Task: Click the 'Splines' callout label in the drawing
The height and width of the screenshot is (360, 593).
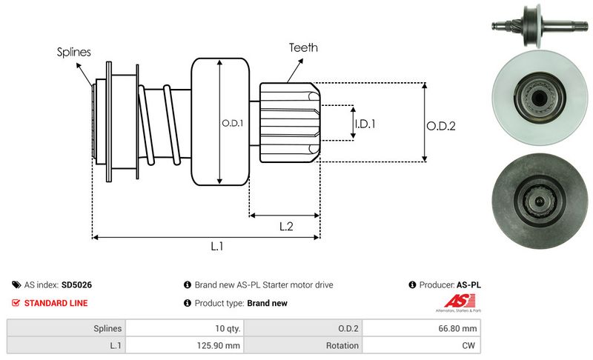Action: (74, 52)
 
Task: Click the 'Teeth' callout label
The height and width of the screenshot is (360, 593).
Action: (304, 47)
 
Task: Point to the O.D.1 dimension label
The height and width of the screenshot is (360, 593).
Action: (233, 123)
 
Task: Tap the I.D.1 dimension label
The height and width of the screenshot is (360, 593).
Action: (365, 124)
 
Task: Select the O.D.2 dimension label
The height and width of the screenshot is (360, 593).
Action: (440, 126)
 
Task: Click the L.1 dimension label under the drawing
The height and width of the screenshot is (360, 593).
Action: (217, 247)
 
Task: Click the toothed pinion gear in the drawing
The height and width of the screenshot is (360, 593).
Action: (289, 121)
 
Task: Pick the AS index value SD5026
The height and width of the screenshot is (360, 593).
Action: (76, 284)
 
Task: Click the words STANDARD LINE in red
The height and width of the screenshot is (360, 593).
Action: (56, 303)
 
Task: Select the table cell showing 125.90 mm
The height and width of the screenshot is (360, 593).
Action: (218, 345)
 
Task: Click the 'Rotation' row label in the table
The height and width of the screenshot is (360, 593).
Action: (342, 345)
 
